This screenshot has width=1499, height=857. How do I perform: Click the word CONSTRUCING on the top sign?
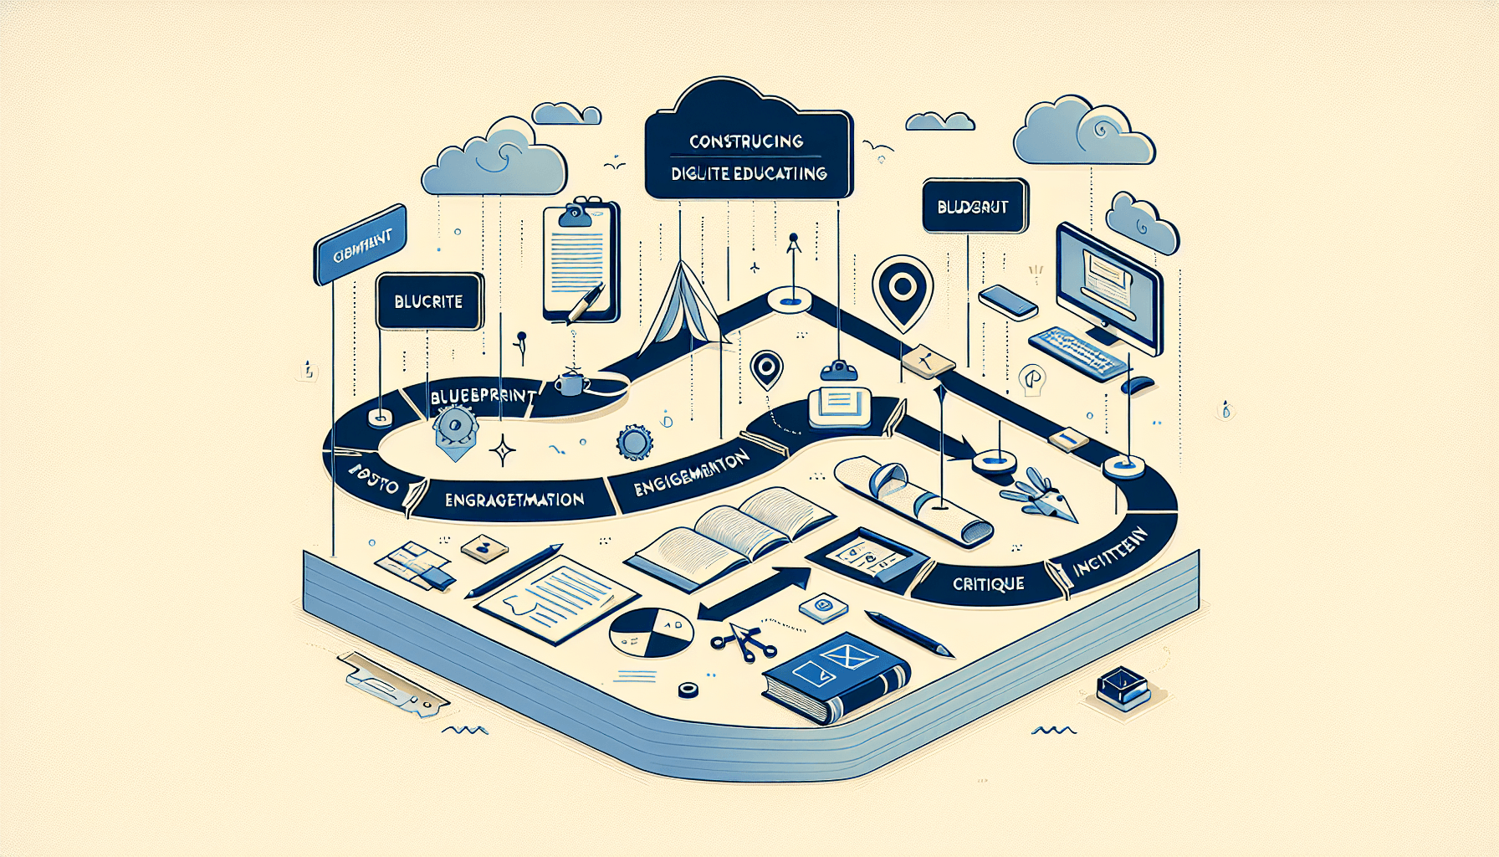click(x=746, y=141)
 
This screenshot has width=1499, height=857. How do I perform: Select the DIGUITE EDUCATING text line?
click(x=749, y=174)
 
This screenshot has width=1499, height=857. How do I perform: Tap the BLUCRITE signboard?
click(x=428, y=301)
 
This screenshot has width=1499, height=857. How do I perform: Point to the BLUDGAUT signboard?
click(x=973, y=207)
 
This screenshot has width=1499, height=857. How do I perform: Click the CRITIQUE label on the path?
click(x=988, y=584)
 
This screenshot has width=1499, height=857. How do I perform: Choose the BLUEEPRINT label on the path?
click(x=483, y=396)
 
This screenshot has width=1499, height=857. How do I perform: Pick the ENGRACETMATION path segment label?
click(x=514, y=500)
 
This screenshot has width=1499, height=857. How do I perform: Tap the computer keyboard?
click(x=1078, y=352)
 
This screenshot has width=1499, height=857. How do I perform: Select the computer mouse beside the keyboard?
click(x=1138, y=386)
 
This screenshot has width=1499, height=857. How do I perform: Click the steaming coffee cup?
click(x=570, y=383)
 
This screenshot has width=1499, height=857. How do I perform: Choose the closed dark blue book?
click(x=836, y=674)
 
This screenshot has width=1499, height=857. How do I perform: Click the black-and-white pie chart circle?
click(x=651, y=632)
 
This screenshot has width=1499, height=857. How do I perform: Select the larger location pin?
click(x=902, y=290)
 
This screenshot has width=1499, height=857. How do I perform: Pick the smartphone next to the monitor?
click(x=1008, y=300)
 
